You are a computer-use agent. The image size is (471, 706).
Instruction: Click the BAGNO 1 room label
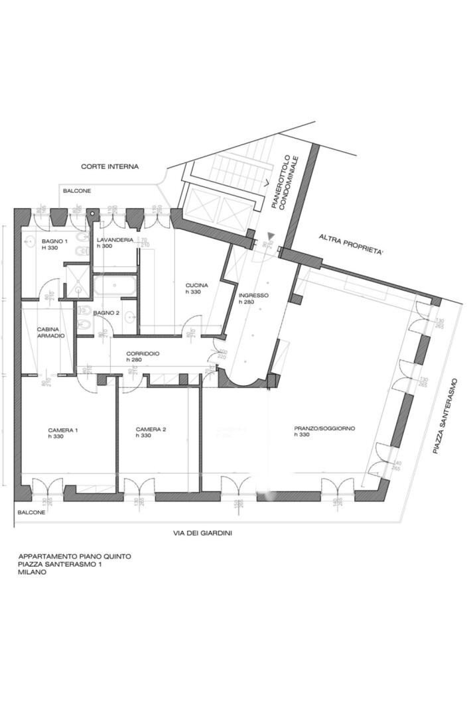click(x=54, y=241)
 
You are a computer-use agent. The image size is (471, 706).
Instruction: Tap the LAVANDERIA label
click(x=114, y=239)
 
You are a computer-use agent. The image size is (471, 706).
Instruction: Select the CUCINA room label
click(x=196, y=285)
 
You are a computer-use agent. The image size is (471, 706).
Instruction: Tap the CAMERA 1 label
click(x=63, y=430)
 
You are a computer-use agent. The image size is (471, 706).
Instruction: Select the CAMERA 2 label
click(x=151, y=429)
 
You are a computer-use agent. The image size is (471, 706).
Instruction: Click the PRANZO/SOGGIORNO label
click(x=324, y=428)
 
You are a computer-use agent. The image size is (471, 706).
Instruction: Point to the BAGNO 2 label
click(x=106, y=312)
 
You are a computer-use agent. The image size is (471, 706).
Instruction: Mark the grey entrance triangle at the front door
click(x=269, y=235)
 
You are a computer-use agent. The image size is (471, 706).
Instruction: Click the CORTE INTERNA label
click(x=109, y=166)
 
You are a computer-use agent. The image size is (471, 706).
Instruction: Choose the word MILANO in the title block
click(x=33, y=572)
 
